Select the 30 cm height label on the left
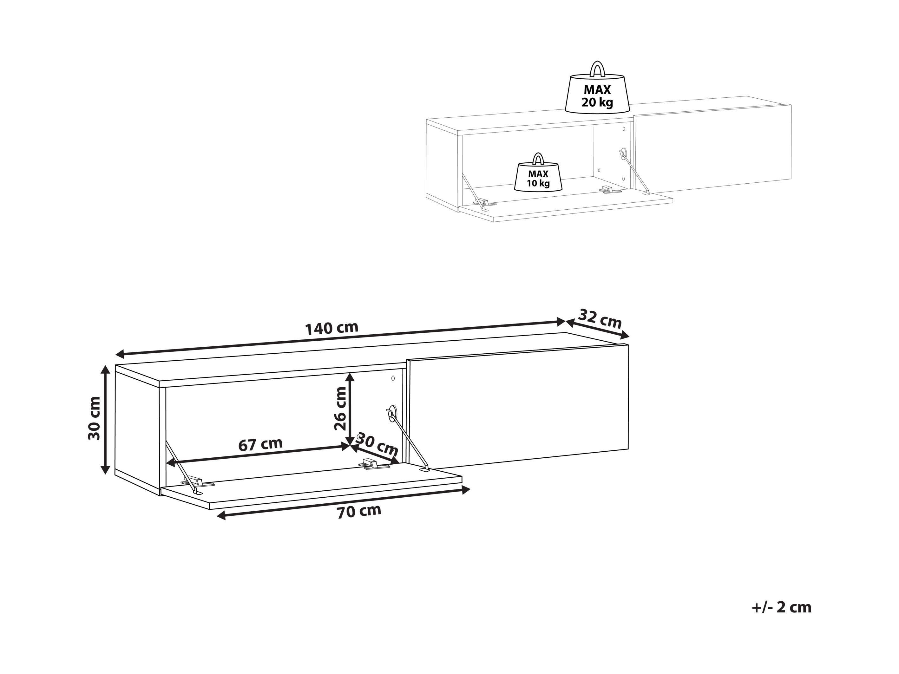[x=95, y=418]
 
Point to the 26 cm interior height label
[x=340, y=409]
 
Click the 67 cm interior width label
[x=260, y=444]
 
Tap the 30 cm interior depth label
[x=377, y=445]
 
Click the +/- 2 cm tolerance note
[x=782, y=618]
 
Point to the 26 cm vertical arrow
[x=350, y=409]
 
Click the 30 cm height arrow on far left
[x=105, y=420]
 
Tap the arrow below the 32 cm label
[x=597, y=329]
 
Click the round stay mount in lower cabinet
[x=392, y=414]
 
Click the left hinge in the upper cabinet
[x=484, y=202]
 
